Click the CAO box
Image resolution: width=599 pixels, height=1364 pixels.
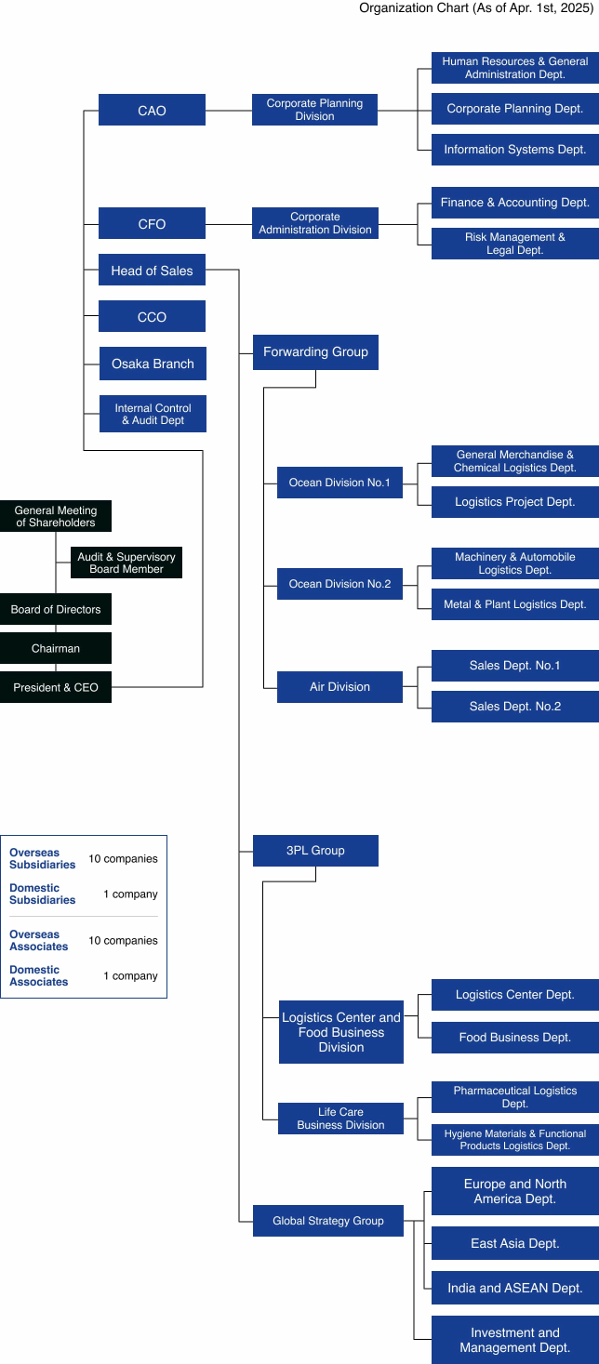point(152,110)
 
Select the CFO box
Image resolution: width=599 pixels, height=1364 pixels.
point(152,223)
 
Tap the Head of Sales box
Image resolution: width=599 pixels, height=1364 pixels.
point(152,270)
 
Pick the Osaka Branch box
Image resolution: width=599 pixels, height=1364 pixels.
point(153,363)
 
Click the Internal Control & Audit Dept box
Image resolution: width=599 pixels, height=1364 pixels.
point(153,414)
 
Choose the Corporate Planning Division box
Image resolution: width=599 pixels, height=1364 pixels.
point(314,110)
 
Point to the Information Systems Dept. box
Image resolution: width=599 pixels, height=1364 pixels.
point(514,149)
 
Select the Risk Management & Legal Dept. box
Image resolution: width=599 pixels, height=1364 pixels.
point(514,244)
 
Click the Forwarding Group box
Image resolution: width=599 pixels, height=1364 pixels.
point(315,351)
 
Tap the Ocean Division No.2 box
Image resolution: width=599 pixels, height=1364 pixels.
point(339,584)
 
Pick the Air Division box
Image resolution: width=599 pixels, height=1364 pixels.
point(339,686)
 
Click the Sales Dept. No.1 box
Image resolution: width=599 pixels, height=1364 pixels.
point(514,666)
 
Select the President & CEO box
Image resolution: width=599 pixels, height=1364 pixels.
point(56,687)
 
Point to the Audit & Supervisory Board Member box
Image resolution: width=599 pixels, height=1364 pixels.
point(126,563)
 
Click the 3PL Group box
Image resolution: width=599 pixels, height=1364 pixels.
point(315,850)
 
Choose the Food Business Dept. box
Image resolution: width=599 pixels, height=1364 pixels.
point(514,1037)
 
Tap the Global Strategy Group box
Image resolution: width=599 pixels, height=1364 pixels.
point(327,1220)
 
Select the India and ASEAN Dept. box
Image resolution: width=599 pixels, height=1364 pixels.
point(514,1287)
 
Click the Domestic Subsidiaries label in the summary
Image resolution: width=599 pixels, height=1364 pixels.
point(43,894)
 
